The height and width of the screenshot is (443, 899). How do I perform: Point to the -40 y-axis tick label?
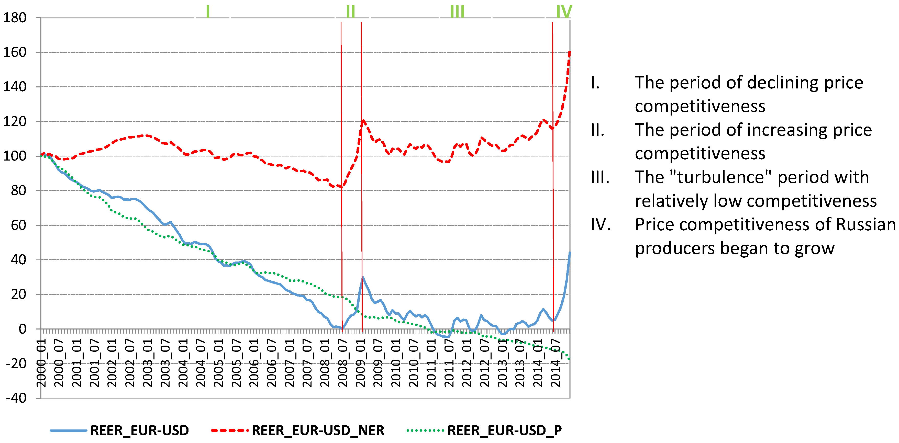[x=16, y=398]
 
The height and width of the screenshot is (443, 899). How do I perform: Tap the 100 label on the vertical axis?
[x=15, y=156]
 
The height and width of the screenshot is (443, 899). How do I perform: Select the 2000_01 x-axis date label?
[x=41, y=363]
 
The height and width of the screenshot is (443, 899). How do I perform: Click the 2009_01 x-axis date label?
[x=361, y=363]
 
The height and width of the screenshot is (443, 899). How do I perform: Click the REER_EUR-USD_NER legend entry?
[x=318, y=430]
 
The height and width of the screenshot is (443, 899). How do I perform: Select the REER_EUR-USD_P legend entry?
[x=504, y=430]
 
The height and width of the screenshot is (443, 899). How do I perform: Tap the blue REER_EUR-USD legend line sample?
[x=68, y=430]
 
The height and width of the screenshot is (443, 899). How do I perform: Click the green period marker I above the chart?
[x=208, y=12]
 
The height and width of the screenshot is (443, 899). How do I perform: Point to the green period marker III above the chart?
[x=457, y=12]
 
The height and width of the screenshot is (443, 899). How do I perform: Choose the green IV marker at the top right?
[x=564, y=12]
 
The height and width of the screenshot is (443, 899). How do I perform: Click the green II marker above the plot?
[x=350, y=12]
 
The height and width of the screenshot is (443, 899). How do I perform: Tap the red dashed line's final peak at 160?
[x=570, y=52]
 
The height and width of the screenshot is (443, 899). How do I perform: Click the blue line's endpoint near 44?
[x=570, y=253]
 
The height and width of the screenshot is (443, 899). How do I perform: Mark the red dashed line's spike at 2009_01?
[x=363, y=121]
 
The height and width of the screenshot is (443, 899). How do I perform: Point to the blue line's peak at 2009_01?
[x=363, y=277]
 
